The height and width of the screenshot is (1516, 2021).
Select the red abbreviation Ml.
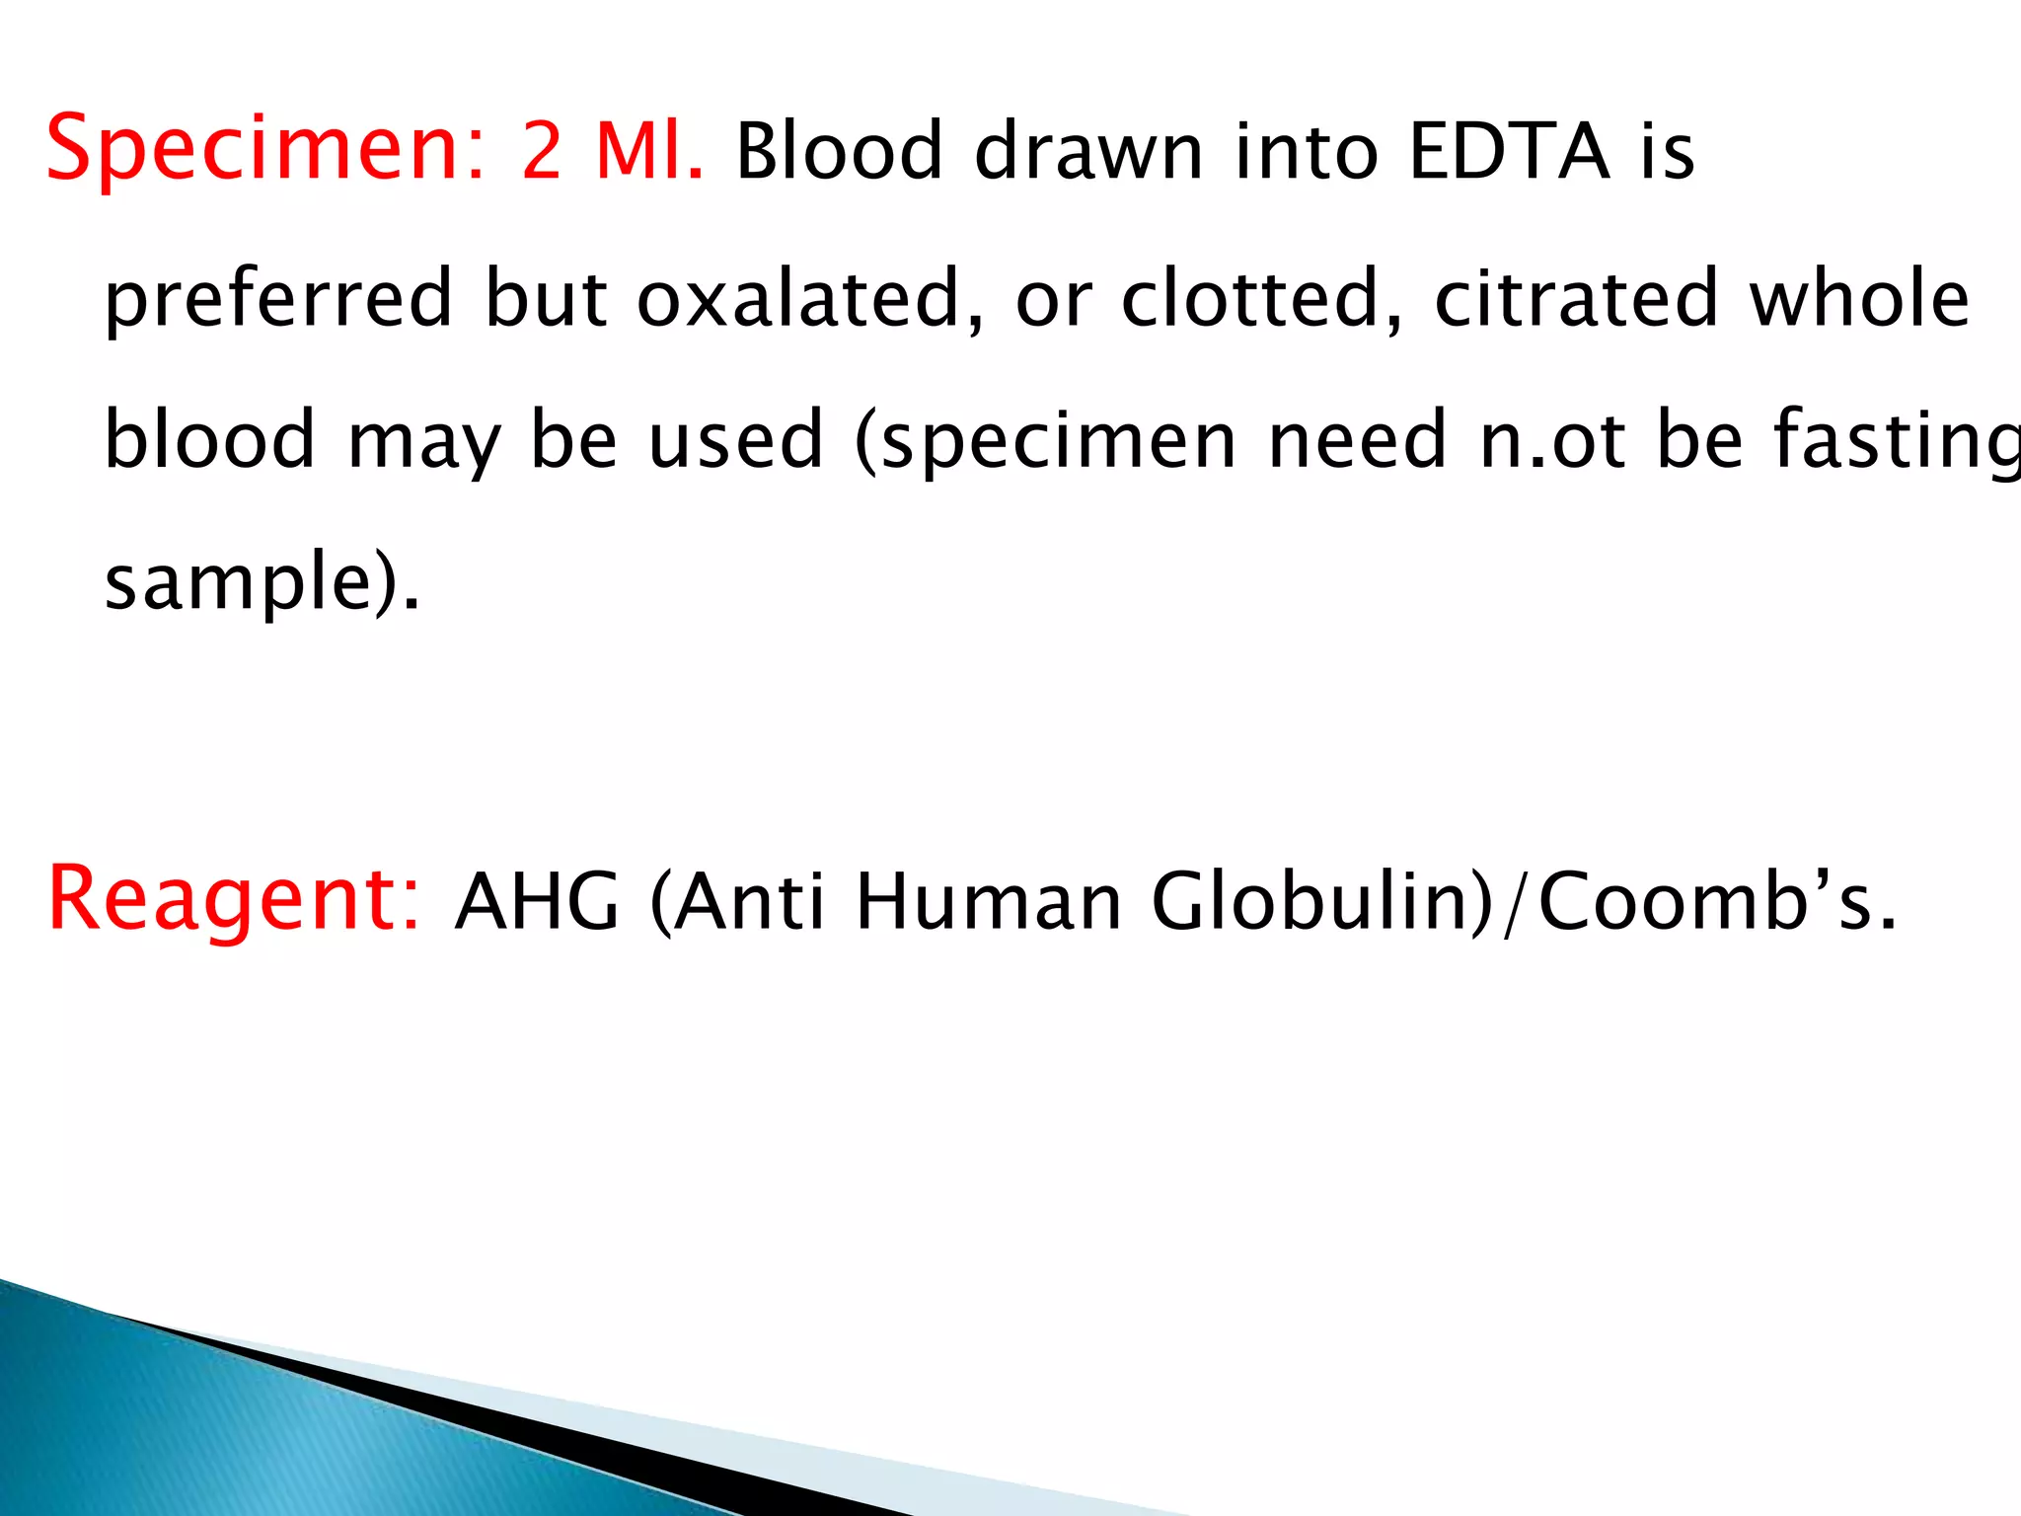649,150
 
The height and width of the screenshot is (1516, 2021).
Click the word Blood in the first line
840,152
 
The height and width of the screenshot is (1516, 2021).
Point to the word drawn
1088,152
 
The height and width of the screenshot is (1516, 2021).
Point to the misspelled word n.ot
1552,440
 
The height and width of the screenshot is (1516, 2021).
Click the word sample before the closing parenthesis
237,582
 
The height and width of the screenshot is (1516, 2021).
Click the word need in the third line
1357,440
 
